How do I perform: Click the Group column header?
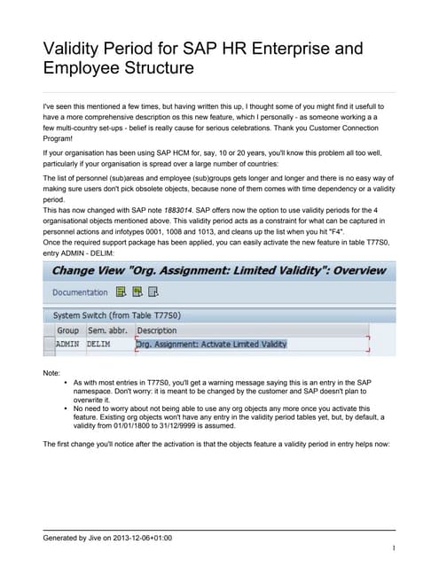(67, 330)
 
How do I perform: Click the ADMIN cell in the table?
(68, 343)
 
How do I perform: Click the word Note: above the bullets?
(52, 373)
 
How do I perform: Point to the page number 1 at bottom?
(392, 549)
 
